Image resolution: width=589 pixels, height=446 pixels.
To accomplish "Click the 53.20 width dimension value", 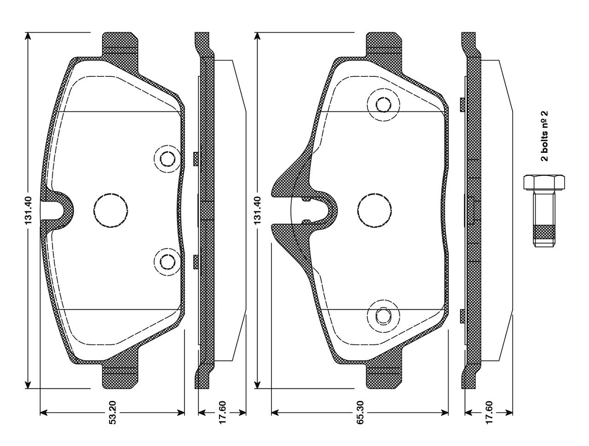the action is (113, 412).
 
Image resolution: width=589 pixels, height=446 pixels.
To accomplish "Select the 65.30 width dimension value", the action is (360, 412).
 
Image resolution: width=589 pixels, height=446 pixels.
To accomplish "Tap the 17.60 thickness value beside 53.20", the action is (222, 412).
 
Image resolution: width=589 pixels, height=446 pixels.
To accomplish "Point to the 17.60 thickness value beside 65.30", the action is (489, 412).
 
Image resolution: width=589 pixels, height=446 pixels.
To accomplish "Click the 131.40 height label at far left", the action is (28, 210).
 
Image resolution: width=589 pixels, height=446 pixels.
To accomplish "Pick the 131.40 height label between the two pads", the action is (257, 210).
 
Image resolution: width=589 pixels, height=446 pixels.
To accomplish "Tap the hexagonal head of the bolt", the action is (544, 182).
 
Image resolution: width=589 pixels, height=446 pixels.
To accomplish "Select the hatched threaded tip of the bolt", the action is (544, 232).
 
